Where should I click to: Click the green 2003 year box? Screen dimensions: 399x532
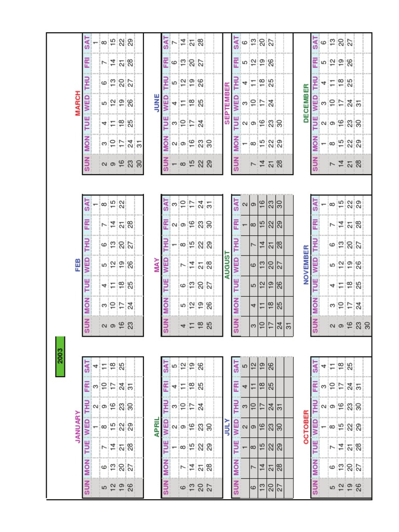60,356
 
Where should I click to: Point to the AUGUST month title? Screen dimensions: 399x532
227,265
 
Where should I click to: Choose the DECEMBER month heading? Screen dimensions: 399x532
306,103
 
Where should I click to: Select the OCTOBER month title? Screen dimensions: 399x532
306,426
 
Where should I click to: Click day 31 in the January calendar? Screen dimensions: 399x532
131,385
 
